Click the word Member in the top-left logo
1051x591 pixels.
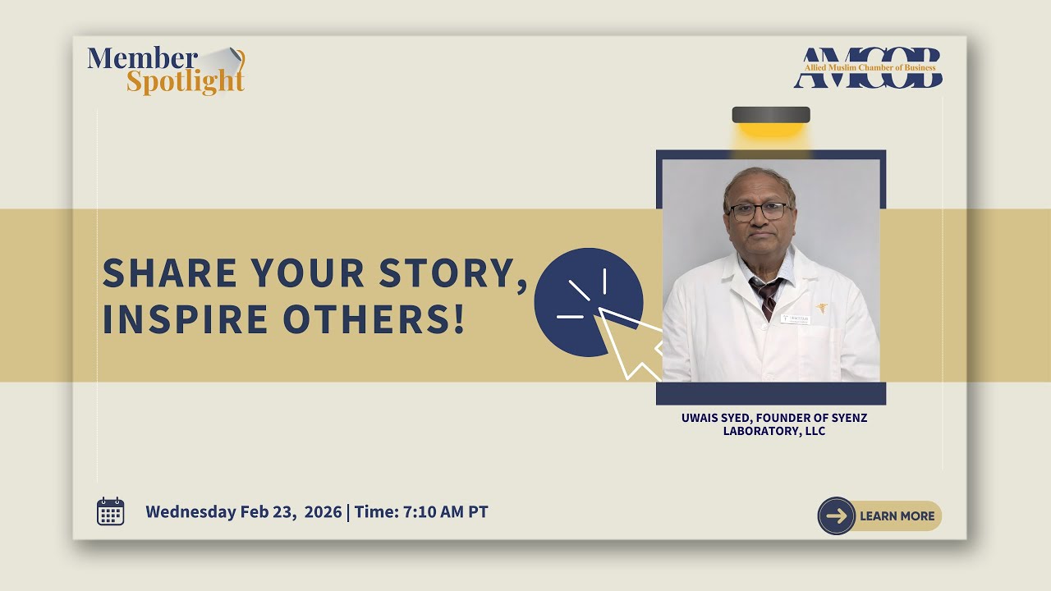click(142, 59)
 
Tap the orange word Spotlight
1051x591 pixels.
click(186, 82)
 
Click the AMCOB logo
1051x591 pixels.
click(868, 68)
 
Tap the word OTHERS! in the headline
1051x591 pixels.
click(374, 319)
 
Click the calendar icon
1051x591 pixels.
click(111, 511)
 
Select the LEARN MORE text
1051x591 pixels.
click(897, 516)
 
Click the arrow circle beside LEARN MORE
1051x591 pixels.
click(837, 516)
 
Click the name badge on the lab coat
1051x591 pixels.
click(795, 318)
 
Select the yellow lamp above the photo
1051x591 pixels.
click(771, 124)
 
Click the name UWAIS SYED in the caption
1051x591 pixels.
click(715, 418)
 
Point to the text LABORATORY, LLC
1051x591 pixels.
click(773, 431)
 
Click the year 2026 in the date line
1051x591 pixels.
click(323, 511)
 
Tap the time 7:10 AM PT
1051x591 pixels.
click(443, 511)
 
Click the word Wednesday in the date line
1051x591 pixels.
click(190, 511)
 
